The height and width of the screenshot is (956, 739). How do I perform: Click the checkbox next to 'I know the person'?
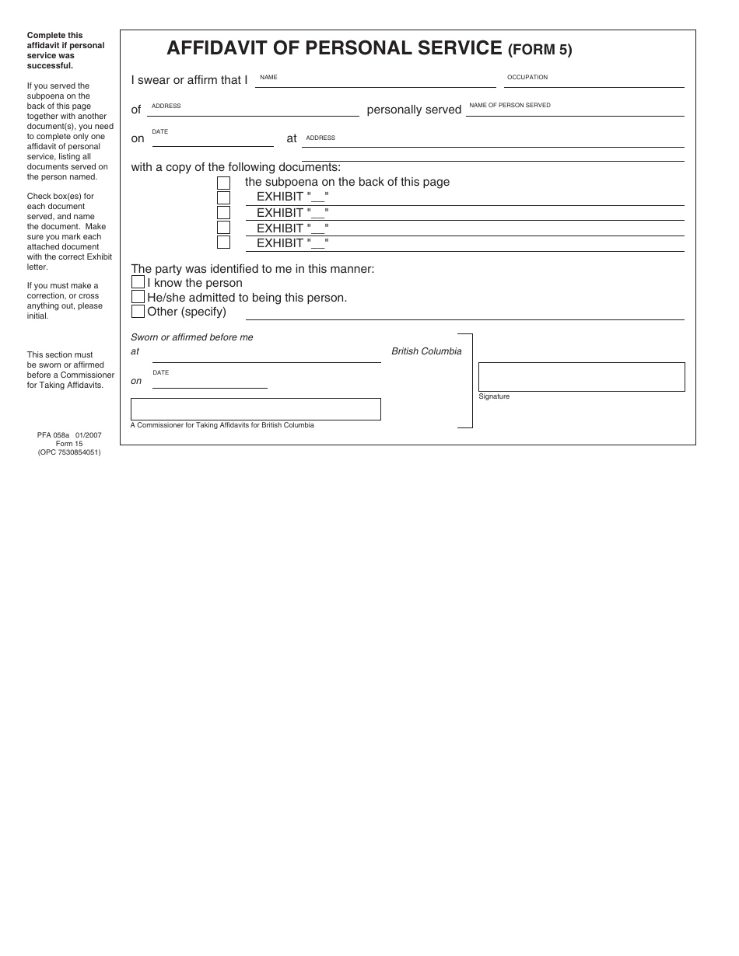coord(138,282)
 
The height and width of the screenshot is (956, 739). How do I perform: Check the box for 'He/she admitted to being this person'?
coord(138,297)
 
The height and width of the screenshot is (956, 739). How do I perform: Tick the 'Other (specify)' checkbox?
coord(138,312)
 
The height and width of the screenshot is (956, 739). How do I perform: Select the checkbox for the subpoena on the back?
coord(223,183)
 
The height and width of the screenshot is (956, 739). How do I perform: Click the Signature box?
coord(581,377)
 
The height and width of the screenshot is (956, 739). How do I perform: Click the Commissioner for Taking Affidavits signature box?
coord(255,410)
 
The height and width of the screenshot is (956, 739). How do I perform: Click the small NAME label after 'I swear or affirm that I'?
coord(268,78)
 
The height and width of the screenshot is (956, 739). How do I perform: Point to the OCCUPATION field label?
coord(527,78)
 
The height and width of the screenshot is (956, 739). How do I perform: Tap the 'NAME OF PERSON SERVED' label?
coord(510,105)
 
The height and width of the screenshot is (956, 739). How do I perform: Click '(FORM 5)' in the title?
coord(540,51)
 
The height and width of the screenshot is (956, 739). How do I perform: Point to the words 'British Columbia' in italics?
coord(426,351)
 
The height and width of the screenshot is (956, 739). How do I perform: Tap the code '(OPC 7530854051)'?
coord(69,452)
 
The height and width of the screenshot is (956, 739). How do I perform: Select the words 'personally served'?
coord(414,110)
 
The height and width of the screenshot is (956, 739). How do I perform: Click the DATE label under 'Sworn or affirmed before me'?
coord(160,373)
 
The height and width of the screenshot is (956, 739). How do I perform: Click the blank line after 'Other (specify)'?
coord(464,316)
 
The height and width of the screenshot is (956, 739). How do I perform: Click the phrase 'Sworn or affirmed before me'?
coord(191,337)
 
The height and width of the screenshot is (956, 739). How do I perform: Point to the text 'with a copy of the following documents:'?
coord(236,167)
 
